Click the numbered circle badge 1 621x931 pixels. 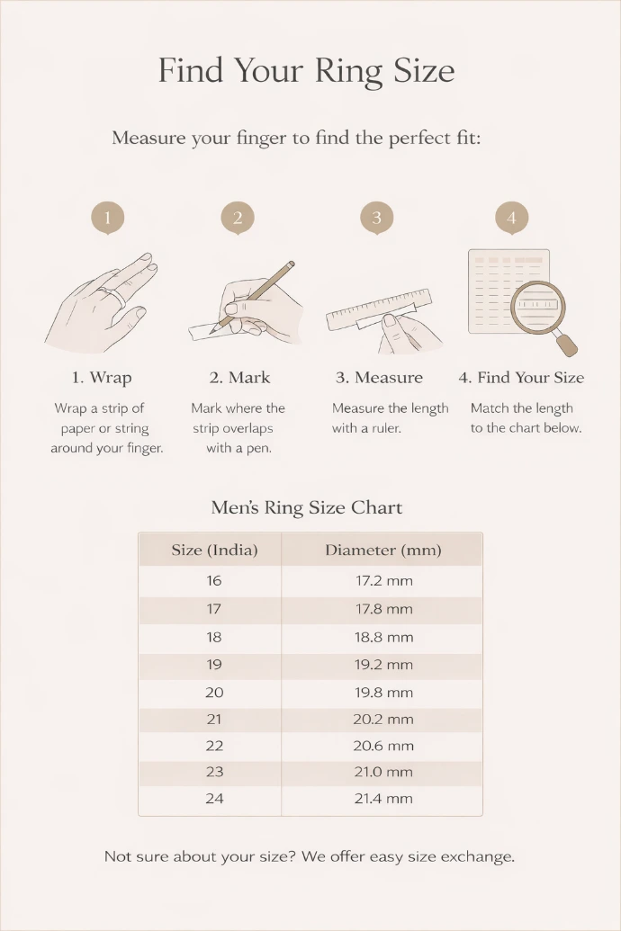tap(108, 218)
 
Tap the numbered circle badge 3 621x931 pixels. tap(377, 218)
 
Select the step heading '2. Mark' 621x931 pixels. tap(239, 378)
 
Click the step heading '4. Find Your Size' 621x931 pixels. tap(521, 378)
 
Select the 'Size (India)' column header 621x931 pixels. tap(214, 550)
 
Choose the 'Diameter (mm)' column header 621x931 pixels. tap(383, 550)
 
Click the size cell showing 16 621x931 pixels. tap(214, 581)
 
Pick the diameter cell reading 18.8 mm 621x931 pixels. tap(384, 637)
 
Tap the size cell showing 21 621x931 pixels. tap(214, 720)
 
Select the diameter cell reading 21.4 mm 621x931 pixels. tap(384, 799)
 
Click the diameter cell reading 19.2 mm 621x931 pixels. tap(384, 665)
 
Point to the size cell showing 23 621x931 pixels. tap(214, 772)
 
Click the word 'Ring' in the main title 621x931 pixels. tap(348, 71)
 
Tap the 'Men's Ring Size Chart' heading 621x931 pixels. tap(307, 507)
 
